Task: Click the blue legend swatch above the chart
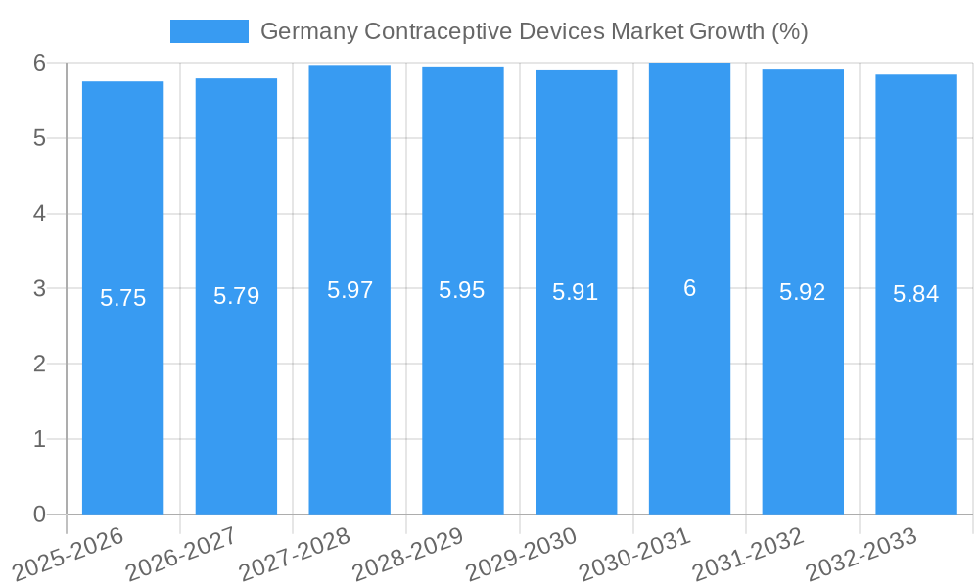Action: tap(209, 31)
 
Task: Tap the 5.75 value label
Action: tap(122, 298)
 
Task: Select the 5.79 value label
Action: tap(236, 296)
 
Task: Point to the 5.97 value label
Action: tap(350, 290)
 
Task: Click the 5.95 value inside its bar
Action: tap(462, 290)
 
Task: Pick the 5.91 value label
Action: tap(576, 292)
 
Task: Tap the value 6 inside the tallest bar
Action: tap(689, 288)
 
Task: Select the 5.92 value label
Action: tap(803, 292)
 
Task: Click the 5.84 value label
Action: tap(916, 294)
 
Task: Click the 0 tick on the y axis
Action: tap(39, 514)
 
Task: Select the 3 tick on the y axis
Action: tap(39, 289)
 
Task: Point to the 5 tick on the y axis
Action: tap(39, 138)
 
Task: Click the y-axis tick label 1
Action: tap(39, 439)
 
